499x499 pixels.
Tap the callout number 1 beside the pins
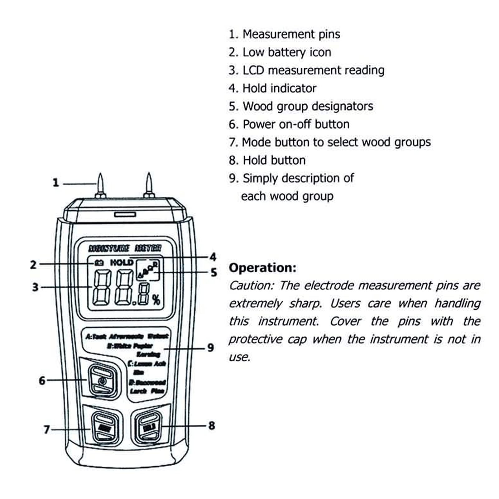(56, 183)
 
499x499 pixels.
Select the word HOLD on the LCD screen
(122, 263)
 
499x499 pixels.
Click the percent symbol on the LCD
(156, 300)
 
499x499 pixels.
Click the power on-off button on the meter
(102, 381)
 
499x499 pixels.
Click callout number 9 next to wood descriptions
(211, 348)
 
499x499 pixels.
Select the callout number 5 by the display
(214, 273)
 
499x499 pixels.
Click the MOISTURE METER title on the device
(125, 248)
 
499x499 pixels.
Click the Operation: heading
(262, 268)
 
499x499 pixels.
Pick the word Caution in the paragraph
(251, 285)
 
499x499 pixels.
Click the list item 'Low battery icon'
(287, 52)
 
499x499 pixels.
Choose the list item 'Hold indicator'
(279, 89)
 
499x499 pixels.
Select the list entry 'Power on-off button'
(296, 124)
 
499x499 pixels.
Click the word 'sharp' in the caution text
(305, 303)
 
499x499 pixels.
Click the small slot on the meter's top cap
(125, 214)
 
